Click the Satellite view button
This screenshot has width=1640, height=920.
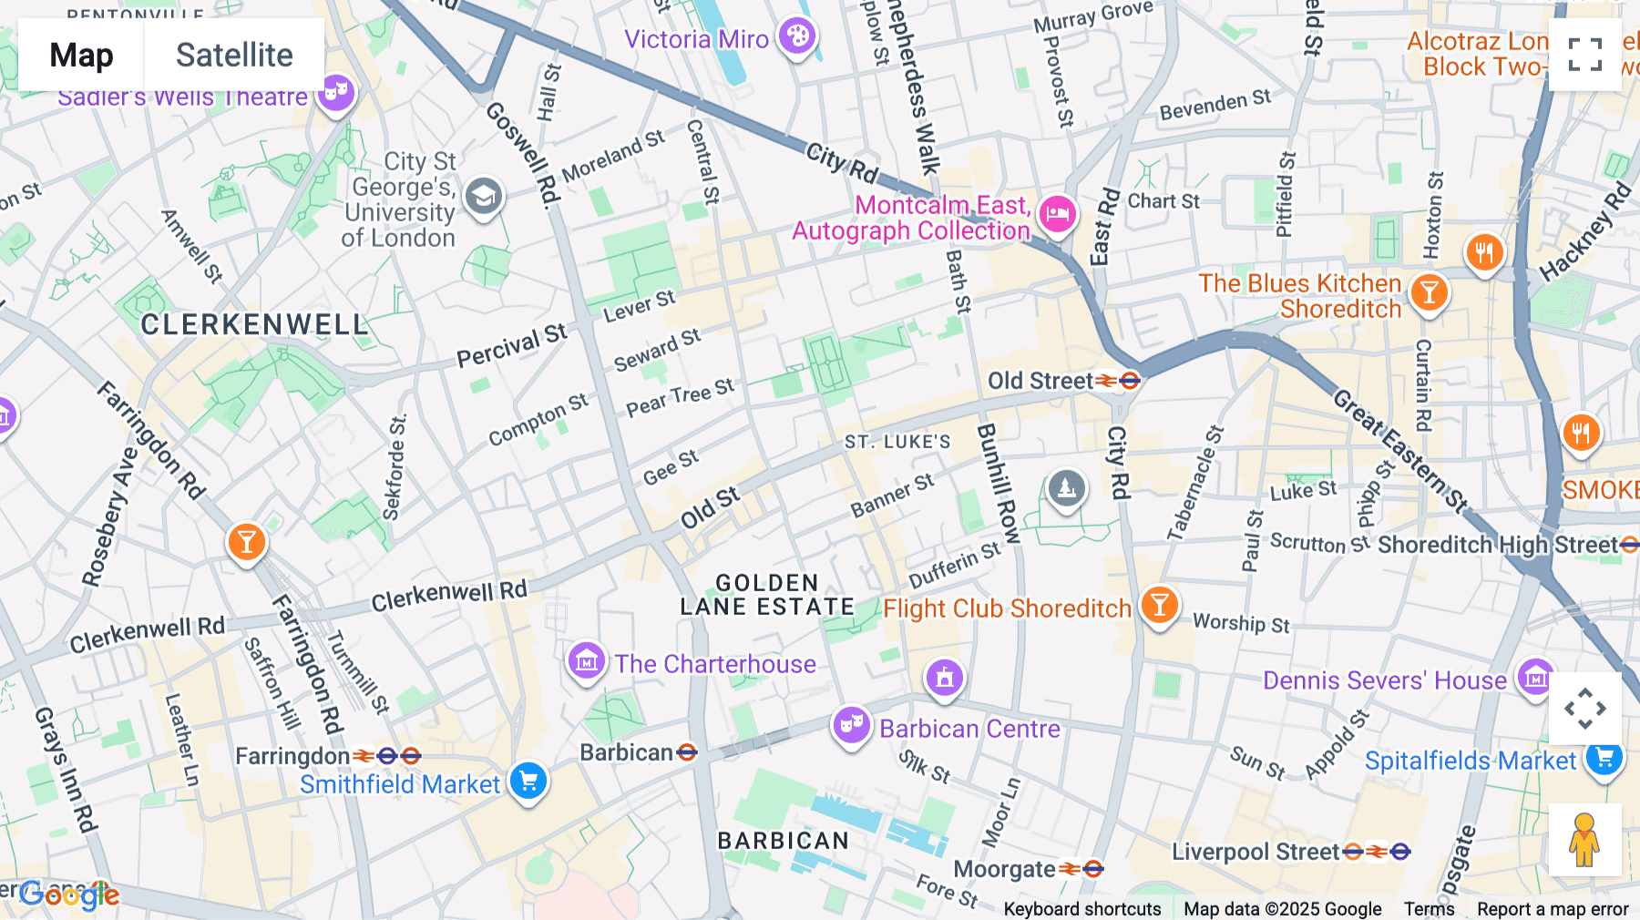tap(234, 55)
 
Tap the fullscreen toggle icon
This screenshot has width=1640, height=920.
tap(1584, 55)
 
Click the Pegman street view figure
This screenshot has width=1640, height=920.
tap(1584, 840)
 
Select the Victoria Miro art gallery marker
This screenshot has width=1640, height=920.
tap(797, 37)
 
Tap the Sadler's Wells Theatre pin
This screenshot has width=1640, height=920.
tap(336, 92)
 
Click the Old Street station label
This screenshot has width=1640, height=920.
tap(1040, 381)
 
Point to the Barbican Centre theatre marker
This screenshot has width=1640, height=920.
tap(851, 725)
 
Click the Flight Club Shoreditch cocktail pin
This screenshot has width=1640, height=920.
tap(1159, 604)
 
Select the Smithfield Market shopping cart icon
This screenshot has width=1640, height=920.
tap(528, 781)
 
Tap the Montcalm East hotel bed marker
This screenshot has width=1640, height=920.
tap(1057, 215)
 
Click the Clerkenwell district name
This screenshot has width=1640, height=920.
tap(253, 325)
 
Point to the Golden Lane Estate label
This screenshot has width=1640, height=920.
tap(767, 595)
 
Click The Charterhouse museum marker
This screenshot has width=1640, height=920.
tap(586, 661)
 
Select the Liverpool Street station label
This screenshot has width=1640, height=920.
tap(1255, 852)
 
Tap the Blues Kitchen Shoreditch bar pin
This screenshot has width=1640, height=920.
tap(1429, 293)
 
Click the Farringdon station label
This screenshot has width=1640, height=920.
tap(292, 756)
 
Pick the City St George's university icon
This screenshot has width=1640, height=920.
tap(484, 196)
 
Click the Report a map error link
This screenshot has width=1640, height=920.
tap(1552, 909)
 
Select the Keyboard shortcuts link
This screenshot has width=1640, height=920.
tap(1081, 909)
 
